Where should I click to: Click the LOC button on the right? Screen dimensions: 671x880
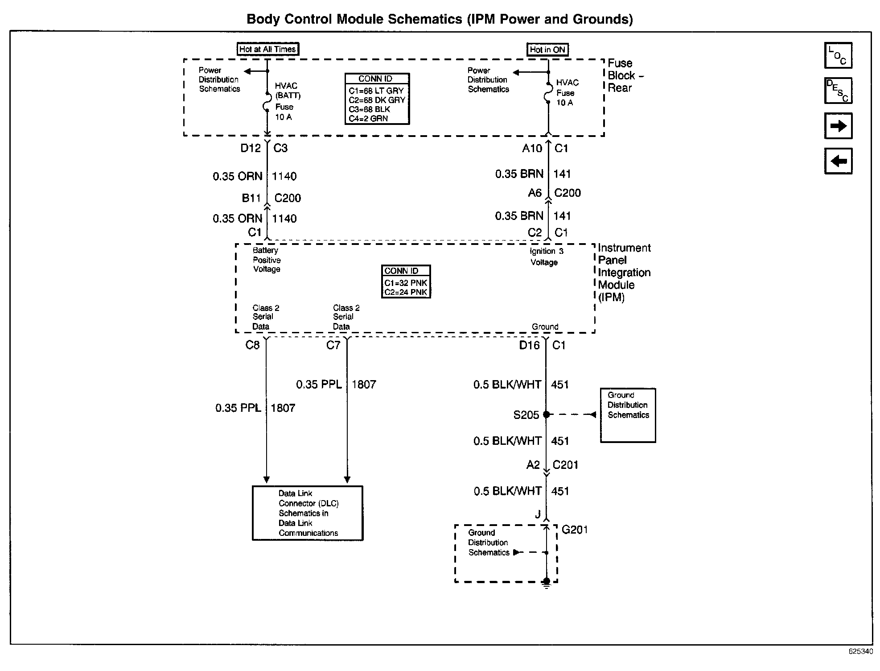(x=838, y=55)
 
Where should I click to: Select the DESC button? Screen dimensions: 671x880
(x=838, y=91)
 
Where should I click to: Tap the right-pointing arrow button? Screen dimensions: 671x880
(x=838, y=126)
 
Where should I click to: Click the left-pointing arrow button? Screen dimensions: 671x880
(x=838, y=161)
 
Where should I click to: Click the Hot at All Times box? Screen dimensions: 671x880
(x=267, y=49)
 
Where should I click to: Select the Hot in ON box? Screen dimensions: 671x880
(x=547, y=50)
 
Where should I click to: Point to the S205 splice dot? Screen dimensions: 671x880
(x=547, y=414)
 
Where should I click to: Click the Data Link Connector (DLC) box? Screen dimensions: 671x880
(x=308, y=513)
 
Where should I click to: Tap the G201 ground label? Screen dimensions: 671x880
(x=574, y=530)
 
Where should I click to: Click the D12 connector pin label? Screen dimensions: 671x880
(x=251, y=148)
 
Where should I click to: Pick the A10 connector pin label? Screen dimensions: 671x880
(x=532, y=148)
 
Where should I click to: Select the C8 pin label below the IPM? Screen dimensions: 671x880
(x=252, y=345)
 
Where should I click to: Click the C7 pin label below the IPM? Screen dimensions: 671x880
(x=333, y=345)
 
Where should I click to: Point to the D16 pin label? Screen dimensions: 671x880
(x=529, y=345)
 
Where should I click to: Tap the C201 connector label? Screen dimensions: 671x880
(x=565, y=465)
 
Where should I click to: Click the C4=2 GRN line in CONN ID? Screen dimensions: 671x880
(x=368, y=119)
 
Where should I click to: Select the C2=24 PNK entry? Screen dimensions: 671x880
(x=406, y=292)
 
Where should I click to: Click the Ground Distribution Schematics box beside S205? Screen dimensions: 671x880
(x=628, y=415)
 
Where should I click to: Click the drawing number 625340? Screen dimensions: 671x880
(x=860, y=651)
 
